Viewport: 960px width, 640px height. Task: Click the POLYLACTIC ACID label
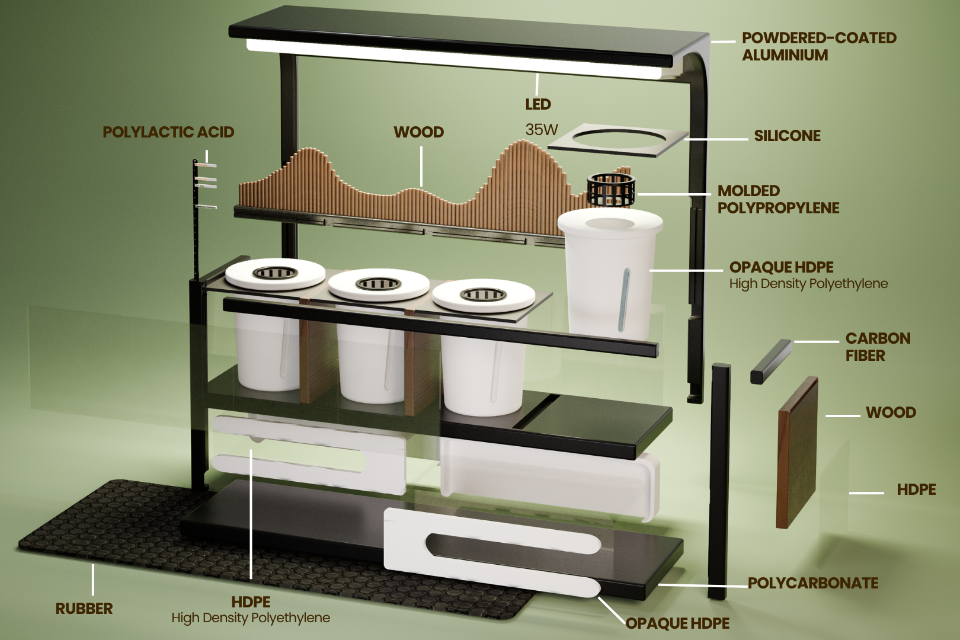tap(168, 132)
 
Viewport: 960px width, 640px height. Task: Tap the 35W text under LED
tap(542, 129)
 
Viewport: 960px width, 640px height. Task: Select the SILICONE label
tap(788, 136)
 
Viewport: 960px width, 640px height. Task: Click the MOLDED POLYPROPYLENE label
tap(778, 199)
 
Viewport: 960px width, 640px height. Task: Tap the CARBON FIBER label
tap(878, 347)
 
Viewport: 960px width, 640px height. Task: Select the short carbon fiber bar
tap(770, 361)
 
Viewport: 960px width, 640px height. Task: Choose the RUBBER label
tap(84, 608)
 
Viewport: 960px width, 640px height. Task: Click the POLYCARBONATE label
tap(813, 583)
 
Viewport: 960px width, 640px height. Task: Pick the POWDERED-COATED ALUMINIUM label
tap(819, 46)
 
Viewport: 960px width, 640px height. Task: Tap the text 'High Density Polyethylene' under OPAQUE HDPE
tap(808, 283)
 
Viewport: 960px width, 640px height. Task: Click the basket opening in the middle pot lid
tap(379, 283)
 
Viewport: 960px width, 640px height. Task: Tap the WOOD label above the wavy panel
tap(419, 132)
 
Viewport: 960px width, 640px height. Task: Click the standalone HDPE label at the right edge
tap(916, 489)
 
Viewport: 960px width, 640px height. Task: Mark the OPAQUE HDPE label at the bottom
tap(677, 623)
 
